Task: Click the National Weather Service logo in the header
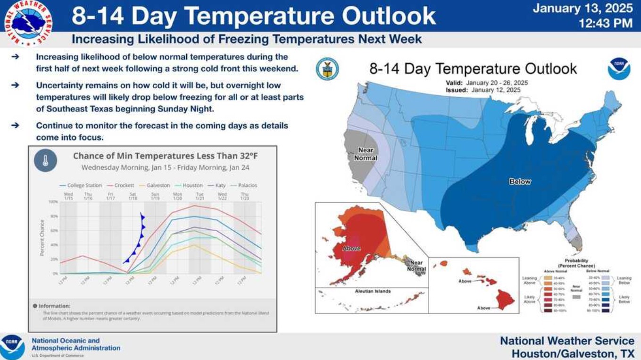[x=28, y=22]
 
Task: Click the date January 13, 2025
[x=583, y=8]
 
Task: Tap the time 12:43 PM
[x=606, y=23]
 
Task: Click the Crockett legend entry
[x=124, y=185]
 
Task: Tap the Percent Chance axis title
[x=42, y=238]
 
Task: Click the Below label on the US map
[x=520, y=182]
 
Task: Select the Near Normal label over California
[x=366, y=154]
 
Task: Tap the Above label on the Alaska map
[x=351, y=248]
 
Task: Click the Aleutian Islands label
[x=373, y=291]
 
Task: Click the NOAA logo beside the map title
[x=618, y=69]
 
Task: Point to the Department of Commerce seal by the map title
[x=327, y=69]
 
